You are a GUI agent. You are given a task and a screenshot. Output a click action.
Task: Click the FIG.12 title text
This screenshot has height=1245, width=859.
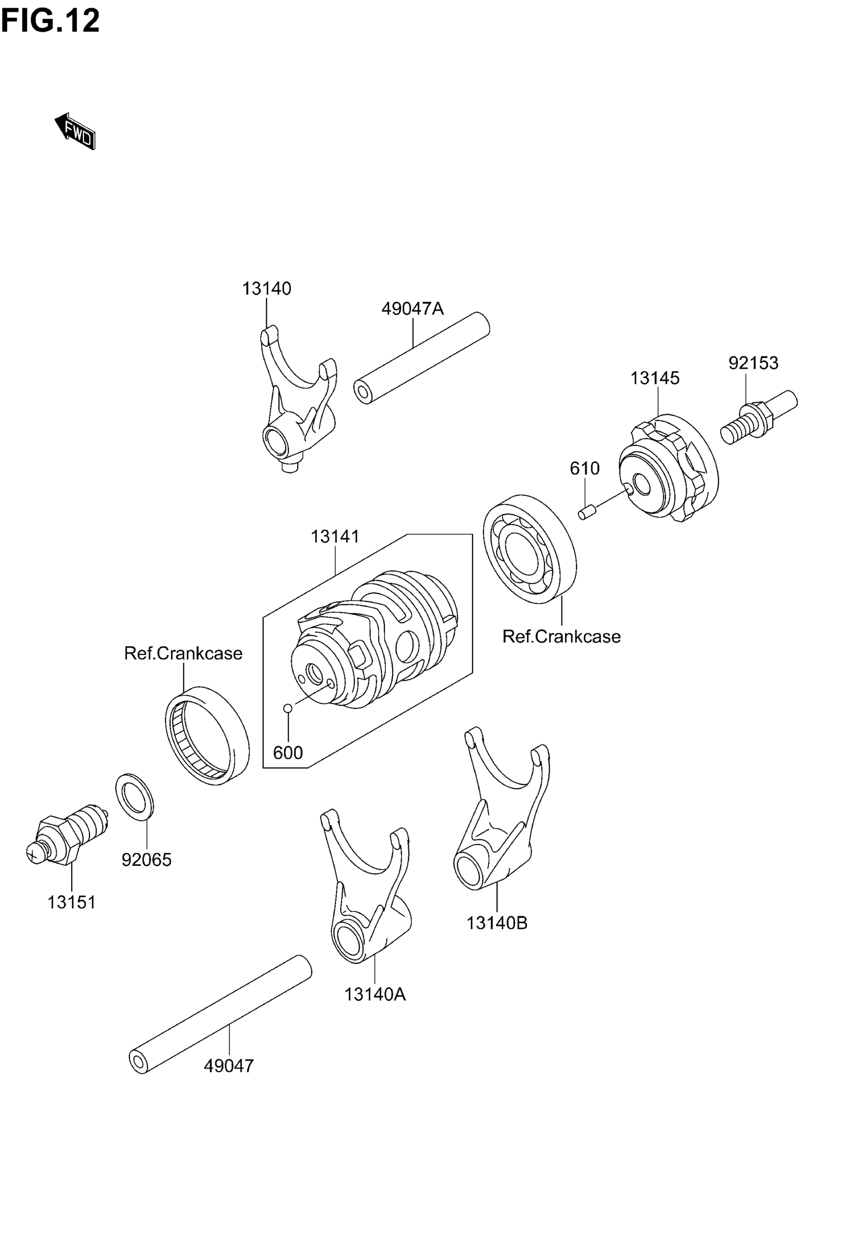50,22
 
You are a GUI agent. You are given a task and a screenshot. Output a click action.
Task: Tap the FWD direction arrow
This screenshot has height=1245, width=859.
75,131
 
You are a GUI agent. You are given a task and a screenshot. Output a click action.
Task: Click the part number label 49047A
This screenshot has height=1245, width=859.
412,308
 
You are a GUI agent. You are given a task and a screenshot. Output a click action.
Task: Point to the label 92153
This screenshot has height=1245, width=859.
753,363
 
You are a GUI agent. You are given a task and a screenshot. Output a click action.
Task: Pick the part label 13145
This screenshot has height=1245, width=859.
654,378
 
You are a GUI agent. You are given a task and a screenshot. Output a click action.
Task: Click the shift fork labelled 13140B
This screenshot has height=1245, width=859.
498,819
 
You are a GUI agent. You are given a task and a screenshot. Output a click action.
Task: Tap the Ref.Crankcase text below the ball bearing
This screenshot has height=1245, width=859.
561,637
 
